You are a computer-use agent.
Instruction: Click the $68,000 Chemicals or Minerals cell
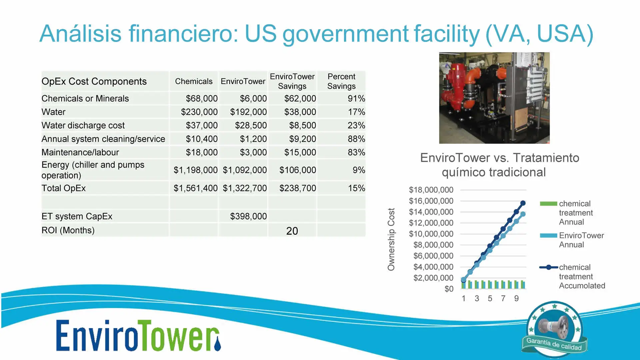tap(202, 99)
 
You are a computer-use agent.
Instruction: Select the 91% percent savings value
tap(356, 99)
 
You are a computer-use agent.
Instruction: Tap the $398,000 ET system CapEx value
tap(248, 216)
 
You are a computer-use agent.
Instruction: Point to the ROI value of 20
tap(292, 231)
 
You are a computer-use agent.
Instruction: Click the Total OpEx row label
tap(64, 188)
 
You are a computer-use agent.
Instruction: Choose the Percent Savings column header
tap(341, 81)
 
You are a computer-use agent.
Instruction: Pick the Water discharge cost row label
tap(83, 125)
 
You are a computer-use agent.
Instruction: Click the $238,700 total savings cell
tap(298, 188)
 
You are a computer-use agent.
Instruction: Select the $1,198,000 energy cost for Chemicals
tap(196, 170)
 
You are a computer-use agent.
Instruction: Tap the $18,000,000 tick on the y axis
tap(431, 190)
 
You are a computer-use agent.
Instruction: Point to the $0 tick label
tap(449, 289)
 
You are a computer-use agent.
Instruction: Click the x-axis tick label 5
tap(490, 298)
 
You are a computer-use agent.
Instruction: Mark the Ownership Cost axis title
tap(391, 239)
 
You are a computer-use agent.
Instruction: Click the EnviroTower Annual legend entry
tap(572, 240)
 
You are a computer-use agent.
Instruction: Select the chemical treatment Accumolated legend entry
tap(572, 276)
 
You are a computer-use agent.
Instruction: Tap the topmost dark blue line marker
tap(523, 203)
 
